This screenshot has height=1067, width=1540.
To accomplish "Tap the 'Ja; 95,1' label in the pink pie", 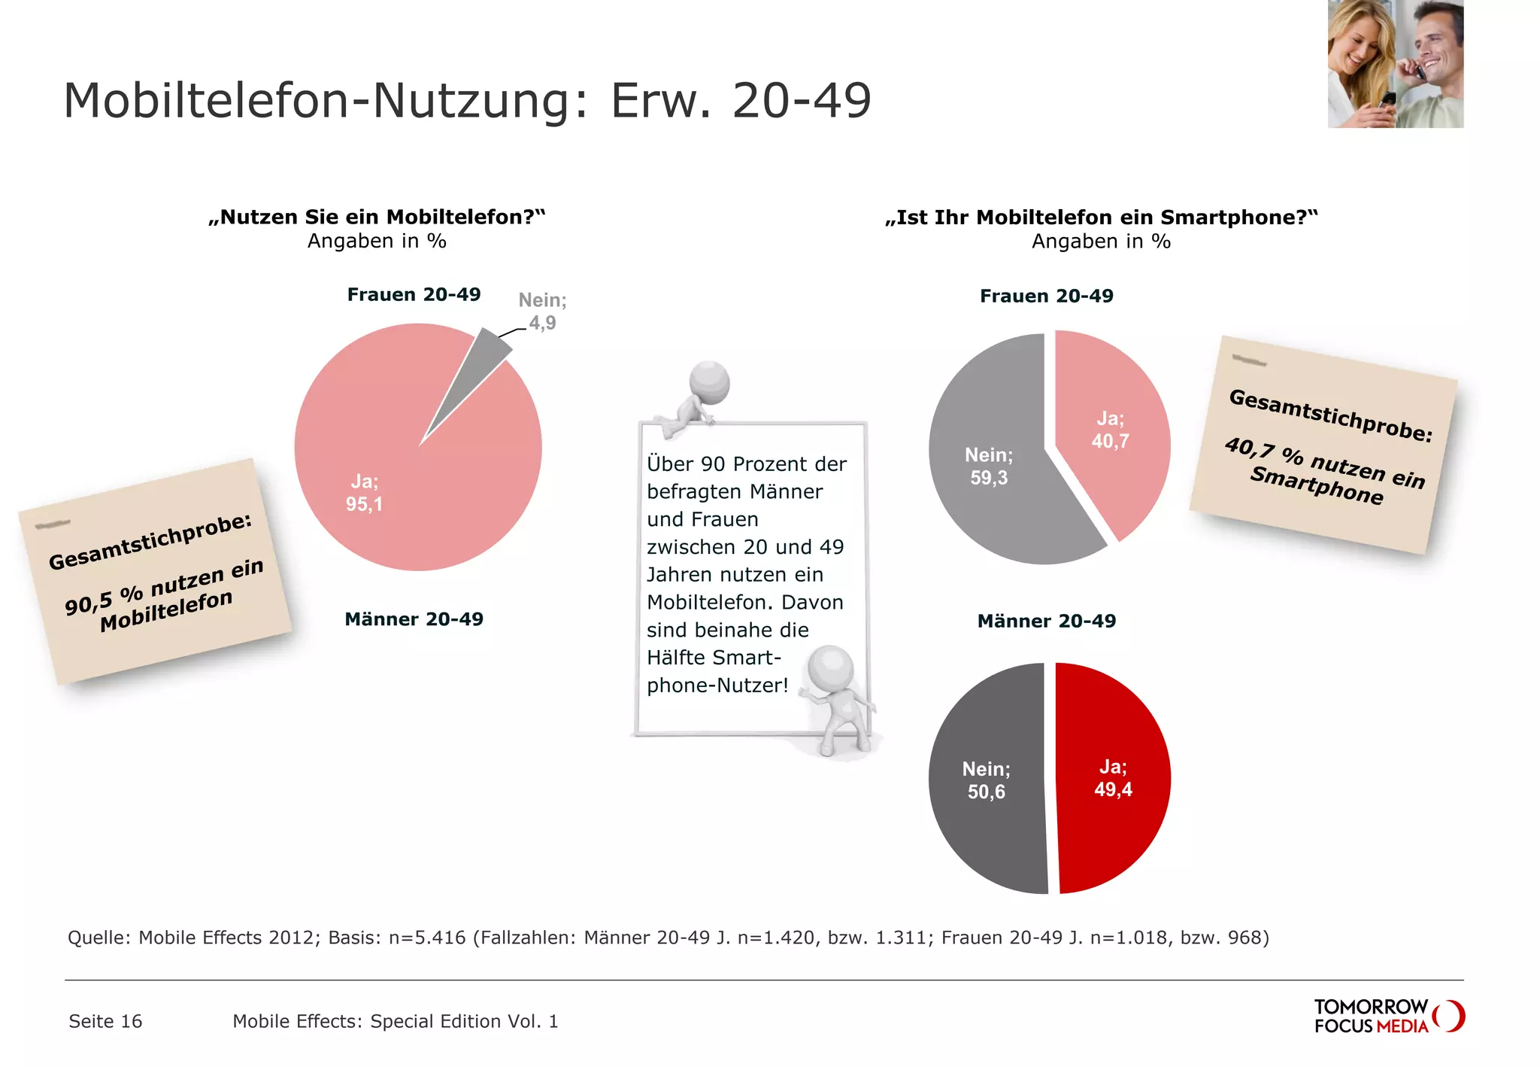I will pos(365,493).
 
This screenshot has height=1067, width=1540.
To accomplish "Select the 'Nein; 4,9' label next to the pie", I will pos(542,312).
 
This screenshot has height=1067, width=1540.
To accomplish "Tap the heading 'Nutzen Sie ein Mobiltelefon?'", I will pos(377,217).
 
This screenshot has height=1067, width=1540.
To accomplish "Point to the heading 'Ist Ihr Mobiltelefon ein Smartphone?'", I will pos(1101,217).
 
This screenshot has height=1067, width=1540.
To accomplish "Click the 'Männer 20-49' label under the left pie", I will pos(414,619).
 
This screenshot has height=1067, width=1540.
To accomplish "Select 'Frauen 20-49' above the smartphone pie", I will pos(1046,296).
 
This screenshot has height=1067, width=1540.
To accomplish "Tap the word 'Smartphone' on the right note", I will pos(1316,486).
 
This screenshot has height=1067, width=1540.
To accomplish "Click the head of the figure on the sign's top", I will pos(710,381).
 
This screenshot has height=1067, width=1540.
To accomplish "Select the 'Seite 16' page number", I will pos(105,1021).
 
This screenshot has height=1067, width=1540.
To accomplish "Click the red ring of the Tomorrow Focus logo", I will pos(1451,1016).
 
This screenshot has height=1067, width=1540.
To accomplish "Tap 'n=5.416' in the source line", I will pos(426,938).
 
